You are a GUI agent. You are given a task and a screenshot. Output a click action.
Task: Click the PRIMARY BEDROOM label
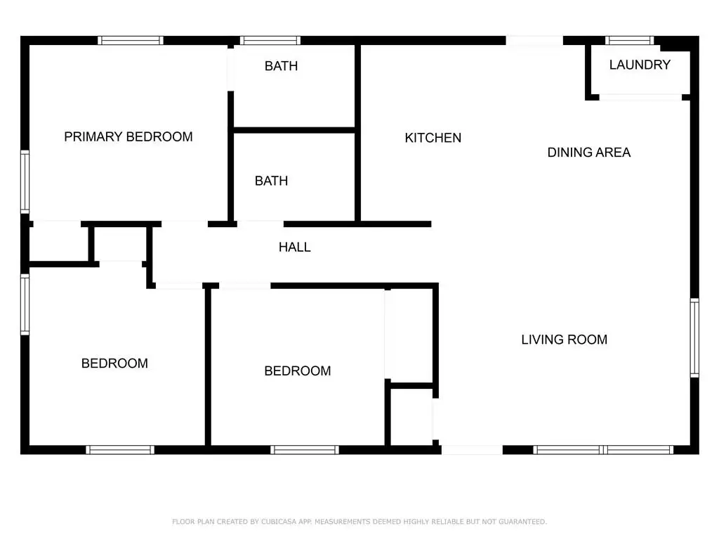point(128,137)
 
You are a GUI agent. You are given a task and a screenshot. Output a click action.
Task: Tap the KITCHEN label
point(433,138)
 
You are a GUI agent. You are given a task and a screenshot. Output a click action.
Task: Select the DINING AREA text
point(589,153)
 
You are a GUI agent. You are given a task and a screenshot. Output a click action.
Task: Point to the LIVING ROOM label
point(564,340)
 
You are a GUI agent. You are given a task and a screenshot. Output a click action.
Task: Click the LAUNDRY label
point(640,65)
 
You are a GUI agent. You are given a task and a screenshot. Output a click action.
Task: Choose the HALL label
point(295,247)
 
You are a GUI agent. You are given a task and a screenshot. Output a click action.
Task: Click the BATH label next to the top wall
point(281,66)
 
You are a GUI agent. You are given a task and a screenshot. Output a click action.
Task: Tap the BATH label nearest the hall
point(272,181)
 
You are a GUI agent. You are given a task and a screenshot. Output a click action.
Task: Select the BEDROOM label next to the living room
point(298,371)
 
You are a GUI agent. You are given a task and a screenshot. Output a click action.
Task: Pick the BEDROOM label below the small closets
point(114,364)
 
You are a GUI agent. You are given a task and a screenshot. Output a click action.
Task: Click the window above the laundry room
point(630,40)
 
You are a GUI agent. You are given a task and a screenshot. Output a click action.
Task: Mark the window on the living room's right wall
point(694,337)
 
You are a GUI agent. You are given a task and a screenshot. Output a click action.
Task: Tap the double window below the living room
point(603,449)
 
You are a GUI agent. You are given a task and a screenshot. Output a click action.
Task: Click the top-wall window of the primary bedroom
point(130,40)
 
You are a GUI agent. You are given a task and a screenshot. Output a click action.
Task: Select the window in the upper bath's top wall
point(270,40)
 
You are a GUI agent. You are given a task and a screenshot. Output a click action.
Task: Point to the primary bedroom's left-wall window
point(25,182)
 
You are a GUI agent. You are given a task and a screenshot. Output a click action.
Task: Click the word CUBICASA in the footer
point(279,522)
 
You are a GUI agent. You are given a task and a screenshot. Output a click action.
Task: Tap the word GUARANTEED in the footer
point(522,522)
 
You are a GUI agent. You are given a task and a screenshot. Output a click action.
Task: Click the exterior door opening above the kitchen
point(534,40)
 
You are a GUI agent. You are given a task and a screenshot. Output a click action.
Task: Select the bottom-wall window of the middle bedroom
point(305,449)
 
